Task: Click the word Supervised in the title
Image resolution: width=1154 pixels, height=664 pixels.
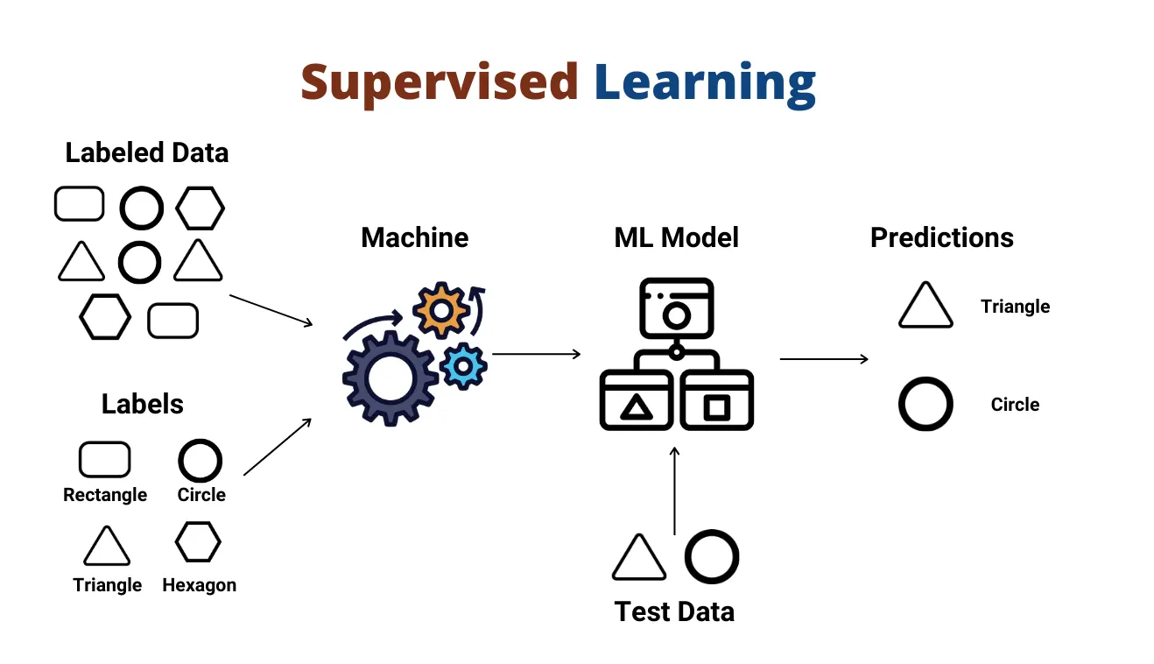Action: (x=439, y=81)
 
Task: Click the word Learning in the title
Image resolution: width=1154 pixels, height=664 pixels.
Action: (x=705, y=83)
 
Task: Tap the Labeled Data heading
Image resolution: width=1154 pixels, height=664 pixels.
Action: (x=147, y=152)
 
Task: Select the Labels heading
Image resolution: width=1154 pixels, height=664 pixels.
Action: (x=143, y=404)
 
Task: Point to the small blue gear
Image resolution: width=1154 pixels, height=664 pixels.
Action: (x=463, y=366)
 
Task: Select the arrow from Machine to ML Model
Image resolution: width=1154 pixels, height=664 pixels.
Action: (x=536, y=354)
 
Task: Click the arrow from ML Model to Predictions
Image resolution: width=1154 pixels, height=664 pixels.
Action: (x=823, y=358)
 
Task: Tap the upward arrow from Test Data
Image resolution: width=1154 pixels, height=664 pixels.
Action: (x=674, y=491)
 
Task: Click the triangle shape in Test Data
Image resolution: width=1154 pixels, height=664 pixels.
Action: (x=638, y=558)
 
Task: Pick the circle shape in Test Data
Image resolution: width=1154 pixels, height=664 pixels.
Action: (x=711, y=557)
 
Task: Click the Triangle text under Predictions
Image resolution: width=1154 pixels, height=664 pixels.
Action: (x=1015, y=307)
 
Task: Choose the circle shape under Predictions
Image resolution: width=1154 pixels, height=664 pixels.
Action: (x=925, y=404)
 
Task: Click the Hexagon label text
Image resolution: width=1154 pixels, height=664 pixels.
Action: (x=199, y=585)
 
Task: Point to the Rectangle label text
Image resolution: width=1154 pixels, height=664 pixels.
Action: (x=105, y=495)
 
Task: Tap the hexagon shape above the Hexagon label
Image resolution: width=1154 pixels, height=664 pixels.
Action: (x=198, y=542)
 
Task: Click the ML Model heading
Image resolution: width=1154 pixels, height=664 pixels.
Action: (x=676, y=237)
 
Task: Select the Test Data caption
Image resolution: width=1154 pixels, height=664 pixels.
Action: (x=674, y=611)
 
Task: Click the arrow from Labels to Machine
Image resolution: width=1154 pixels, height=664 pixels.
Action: (x=278, y=447)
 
